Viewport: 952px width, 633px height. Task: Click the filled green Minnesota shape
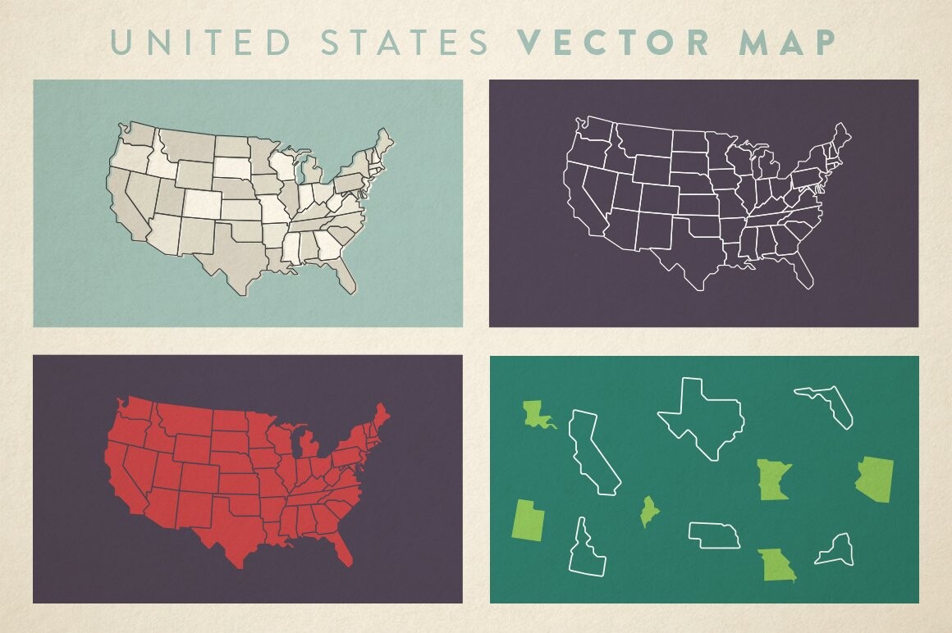pyautogui.click(x=772, y=480)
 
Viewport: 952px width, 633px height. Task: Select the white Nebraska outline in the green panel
pyautogui.click(x=715, y=535)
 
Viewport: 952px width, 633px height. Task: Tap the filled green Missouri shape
pyautogui.click(x=776, y=565)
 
